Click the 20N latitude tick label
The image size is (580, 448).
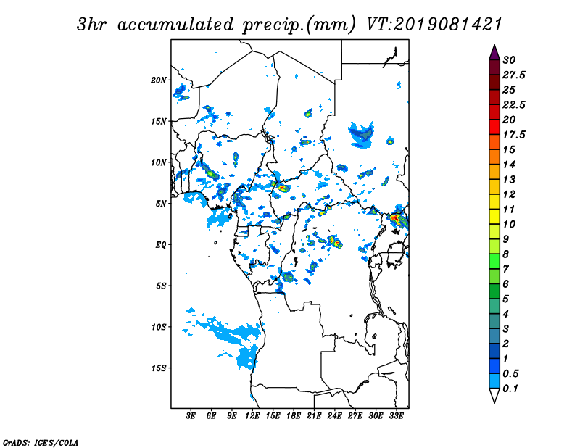(x=159, y=80)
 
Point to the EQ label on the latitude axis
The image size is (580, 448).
(x=161, y=245)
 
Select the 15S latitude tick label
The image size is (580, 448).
(x=159, y=368)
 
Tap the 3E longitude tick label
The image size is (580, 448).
(x=191, y=415)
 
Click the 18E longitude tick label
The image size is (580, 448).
(x=294, y=415)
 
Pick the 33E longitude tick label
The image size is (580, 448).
(x=396, y=415)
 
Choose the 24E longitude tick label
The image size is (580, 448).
(x=334, y=415)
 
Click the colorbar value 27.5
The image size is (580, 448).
(x=514, y=75)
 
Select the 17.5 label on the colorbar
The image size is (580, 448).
(x=514, y=135)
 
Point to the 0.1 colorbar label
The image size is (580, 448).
(x=510, y=389)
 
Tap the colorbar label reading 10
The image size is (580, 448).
(x=509, y=224)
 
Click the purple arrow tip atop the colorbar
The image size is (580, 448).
(x=494, y=45)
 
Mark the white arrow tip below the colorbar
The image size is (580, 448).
(x=494, y=402)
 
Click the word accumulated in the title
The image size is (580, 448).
(x=175, y=25)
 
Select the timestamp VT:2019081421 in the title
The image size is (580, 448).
(x=434, y=25)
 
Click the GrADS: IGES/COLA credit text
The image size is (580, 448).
(x=41, y=443)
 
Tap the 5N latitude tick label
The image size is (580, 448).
(x=161, y=204)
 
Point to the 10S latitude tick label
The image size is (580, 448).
(x=159, y=327)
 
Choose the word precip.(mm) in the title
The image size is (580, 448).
(x=299, y=25)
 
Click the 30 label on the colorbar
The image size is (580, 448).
(x=509, y=60)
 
